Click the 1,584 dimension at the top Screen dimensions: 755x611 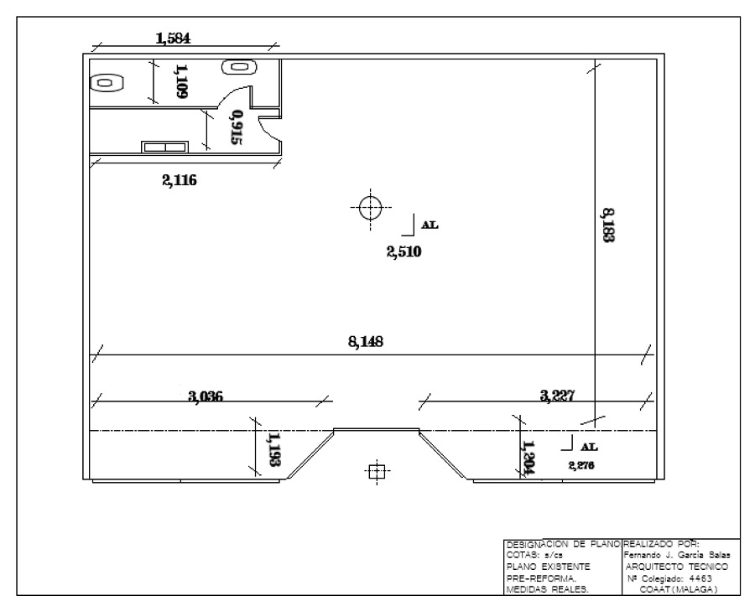click(173, 38)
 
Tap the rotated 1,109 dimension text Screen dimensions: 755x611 click(181, 81)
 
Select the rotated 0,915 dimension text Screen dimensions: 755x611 click(237, 127)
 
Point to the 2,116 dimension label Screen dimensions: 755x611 click(180, 180)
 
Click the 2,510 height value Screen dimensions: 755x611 click(404, 251)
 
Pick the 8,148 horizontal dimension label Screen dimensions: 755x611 click(366, 342)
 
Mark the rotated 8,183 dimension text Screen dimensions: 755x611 click(608, 225)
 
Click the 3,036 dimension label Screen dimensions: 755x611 click(206, 396)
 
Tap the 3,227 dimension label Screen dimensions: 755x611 click(557, 396)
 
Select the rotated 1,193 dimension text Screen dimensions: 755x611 click(274, 449)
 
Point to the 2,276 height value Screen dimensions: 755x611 click(581, 465)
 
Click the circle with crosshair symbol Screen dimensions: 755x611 click(370, 208)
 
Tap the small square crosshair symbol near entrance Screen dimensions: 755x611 click(377, 472)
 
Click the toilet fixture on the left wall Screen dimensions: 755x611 click(107, 83)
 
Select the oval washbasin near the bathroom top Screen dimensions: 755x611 click(239, 67)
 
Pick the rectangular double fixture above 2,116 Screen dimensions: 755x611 click(164, 147)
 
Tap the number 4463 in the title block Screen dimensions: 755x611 click(700, 578)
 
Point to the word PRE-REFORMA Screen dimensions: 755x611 click(542, 577)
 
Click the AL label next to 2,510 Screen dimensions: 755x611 click(430, 225)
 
